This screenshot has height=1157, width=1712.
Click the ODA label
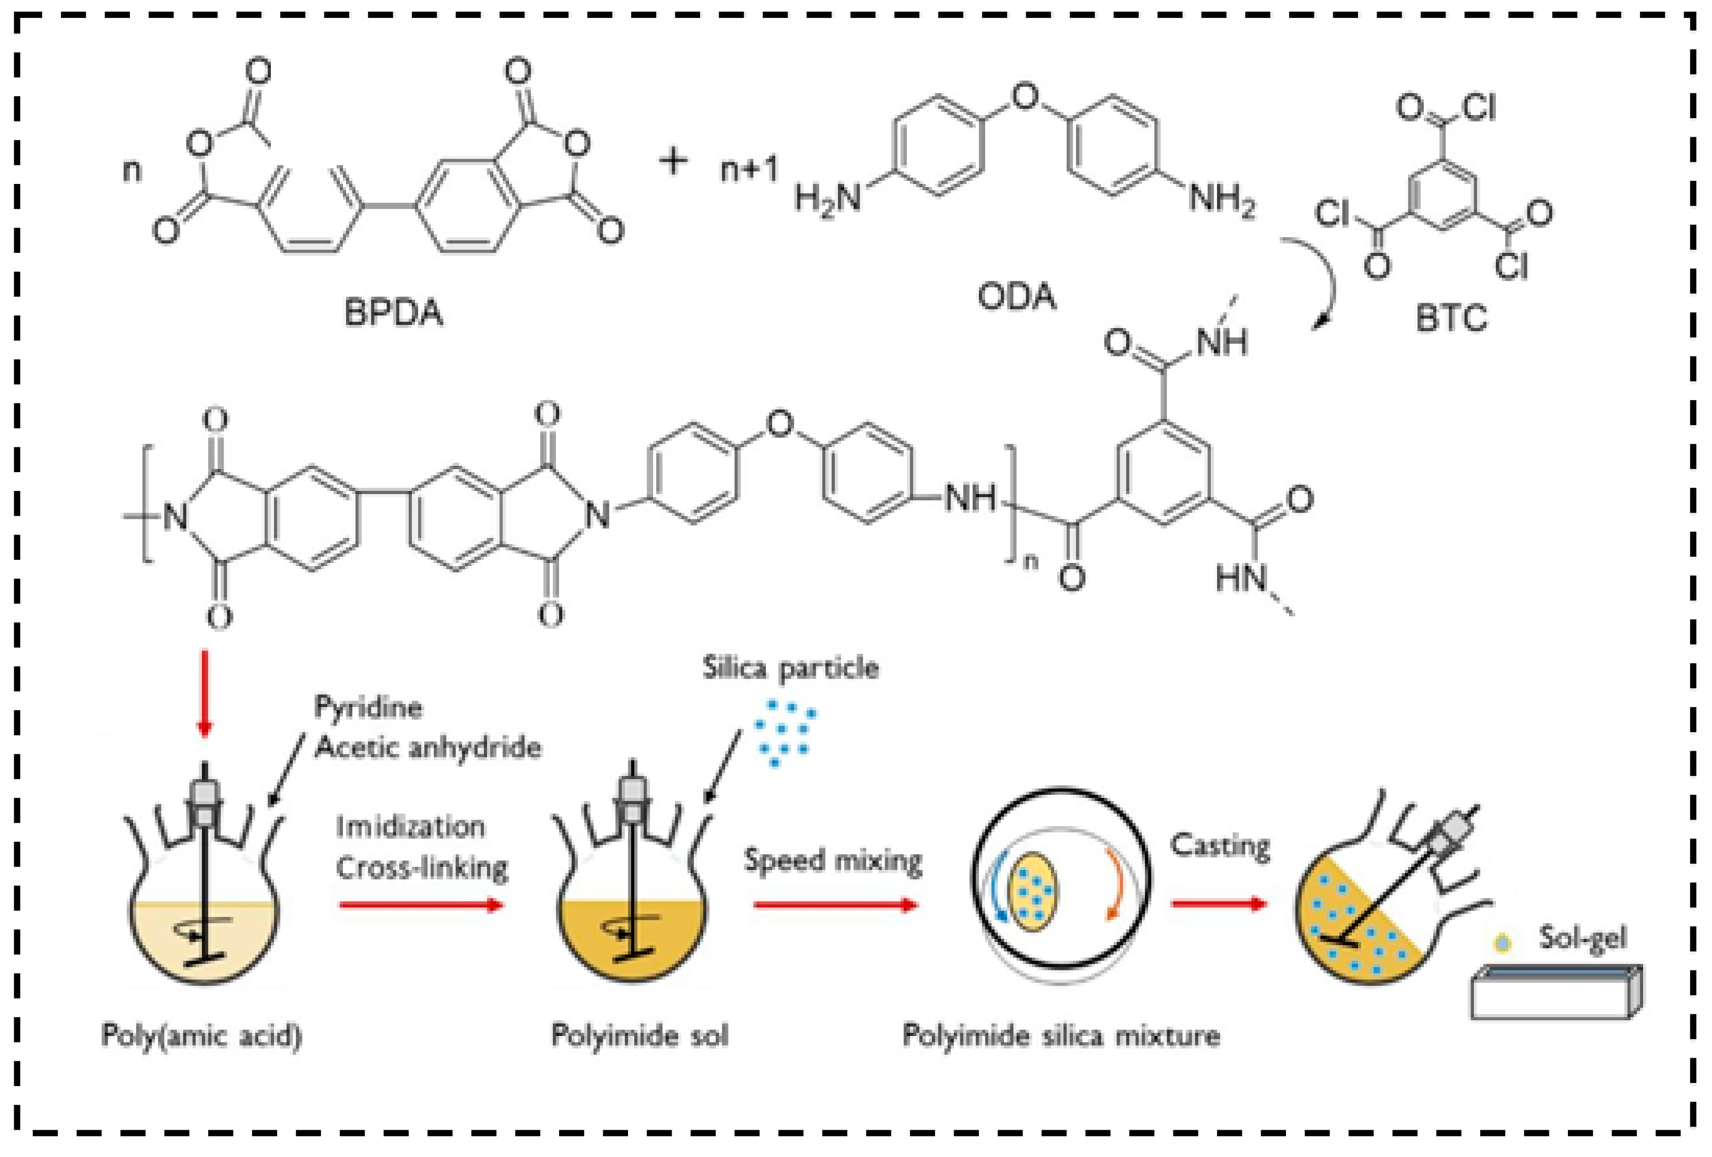pyautogui.click(x=1017, y=297)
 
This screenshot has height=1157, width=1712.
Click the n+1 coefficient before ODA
pyautogui.click(x=748, y=169)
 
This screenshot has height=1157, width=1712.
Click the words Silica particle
pyautogui.click(x=791, y=668)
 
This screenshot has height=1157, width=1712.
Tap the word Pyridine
pyautogui.click(x=368, y=707)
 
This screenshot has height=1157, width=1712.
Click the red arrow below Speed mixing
pyautogui.click(x=835, y=904)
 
